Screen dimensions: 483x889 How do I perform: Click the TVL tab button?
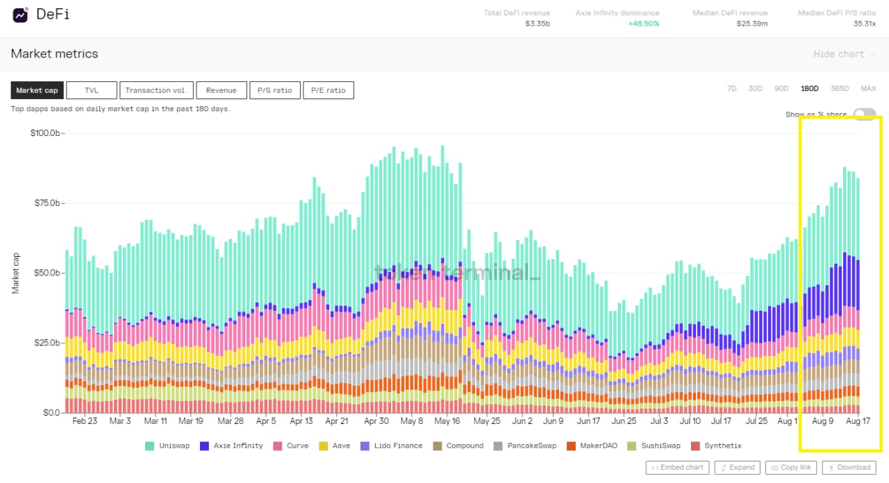pos(92,90)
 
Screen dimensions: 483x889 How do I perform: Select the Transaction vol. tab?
pos(156,90)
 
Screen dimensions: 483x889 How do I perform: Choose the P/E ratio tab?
pos(328,90)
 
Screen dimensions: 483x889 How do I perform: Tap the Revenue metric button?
pos(221,90)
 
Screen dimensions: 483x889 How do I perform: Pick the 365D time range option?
pos(840,89)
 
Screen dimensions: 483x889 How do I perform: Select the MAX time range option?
pos(868,89)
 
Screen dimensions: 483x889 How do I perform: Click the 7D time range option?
pos(731,89)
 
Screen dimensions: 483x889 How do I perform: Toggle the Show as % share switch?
pos(865,115)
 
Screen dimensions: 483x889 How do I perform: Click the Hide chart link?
pos(838,54)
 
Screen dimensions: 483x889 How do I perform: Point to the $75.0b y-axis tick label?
pos(47,203)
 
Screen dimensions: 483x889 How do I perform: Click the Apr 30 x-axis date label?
pos(376,421)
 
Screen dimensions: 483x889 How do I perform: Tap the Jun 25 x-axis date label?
pos(624,421)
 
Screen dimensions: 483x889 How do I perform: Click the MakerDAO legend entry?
pos(587,446)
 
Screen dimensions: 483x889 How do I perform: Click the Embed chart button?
pos(677,468)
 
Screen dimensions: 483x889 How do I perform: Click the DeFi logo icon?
pos(20,15)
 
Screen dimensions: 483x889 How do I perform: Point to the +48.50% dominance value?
pos(643,24)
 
